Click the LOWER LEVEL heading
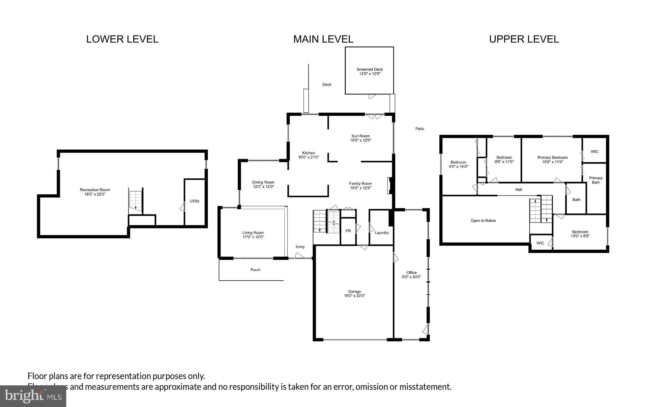122,39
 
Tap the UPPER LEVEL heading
524,39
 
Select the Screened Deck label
370,69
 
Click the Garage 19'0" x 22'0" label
354,294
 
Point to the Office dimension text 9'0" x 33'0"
412,277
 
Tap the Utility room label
194,201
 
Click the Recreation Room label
95,190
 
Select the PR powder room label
348,231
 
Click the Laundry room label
381,233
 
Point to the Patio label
420,129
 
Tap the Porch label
255,270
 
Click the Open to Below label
483,221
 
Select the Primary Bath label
596,180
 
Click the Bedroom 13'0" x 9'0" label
580,234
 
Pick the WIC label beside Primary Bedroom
594,151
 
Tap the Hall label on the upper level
519,190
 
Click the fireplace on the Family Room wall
390,186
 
